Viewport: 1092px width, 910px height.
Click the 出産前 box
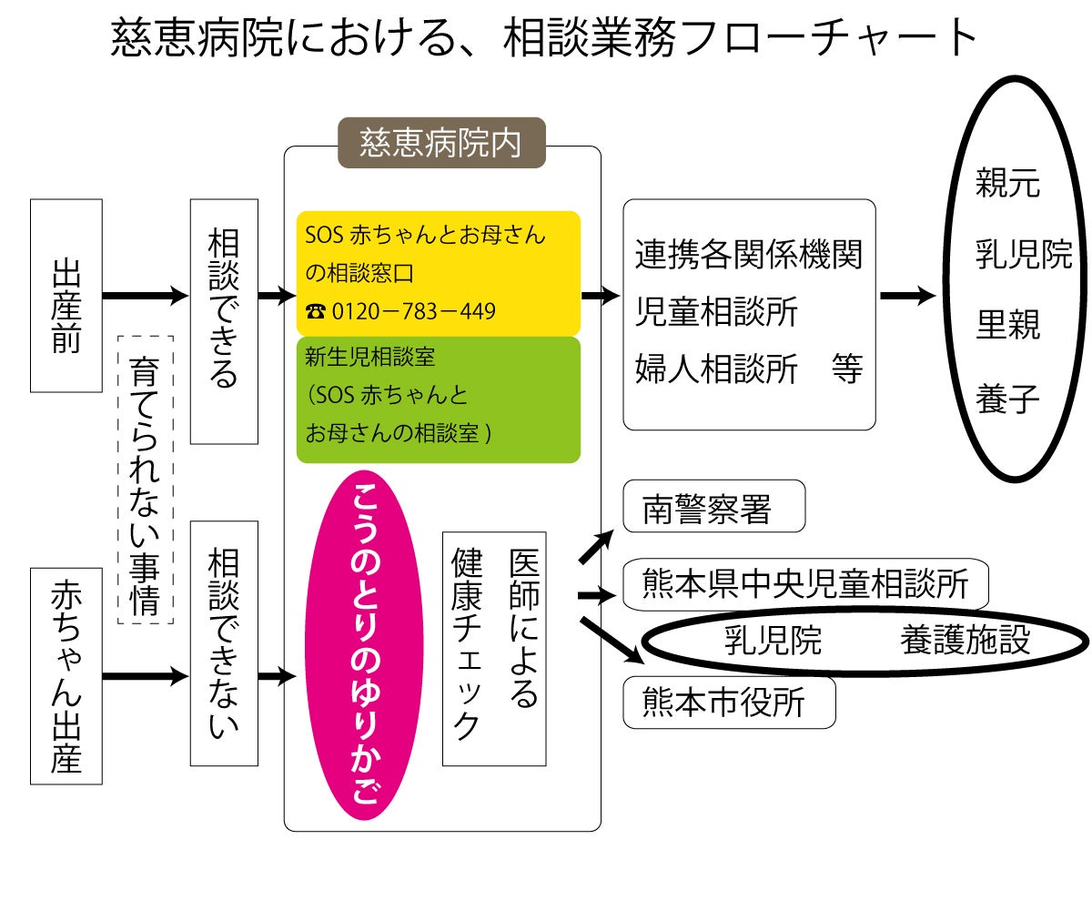point(66,296)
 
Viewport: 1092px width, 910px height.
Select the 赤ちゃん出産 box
point(66,675)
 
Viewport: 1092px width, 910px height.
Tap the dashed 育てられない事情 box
point(146,479)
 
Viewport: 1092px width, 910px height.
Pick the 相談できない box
point(224,643)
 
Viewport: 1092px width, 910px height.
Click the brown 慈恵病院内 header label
point(441,143)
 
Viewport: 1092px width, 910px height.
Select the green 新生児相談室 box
point(438,399)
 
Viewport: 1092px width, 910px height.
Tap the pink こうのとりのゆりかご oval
point(364,644)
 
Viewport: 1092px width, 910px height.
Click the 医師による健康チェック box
point(494,648)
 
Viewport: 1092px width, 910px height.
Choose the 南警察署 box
point(713,507)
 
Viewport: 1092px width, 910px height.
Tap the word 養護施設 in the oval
point(965,641)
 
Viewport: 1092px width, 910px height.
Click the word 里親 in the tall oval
point(1007,325)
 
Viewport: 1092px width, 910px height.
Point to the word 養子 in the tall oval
point(1007,399)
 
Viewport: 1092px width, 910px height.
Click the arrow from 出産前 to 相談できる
point(144,296)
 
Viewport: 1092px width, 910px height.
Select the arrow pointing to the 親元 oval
point(907,296)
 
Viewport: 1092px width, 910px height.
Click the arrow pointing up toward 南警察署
point(597,547)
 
